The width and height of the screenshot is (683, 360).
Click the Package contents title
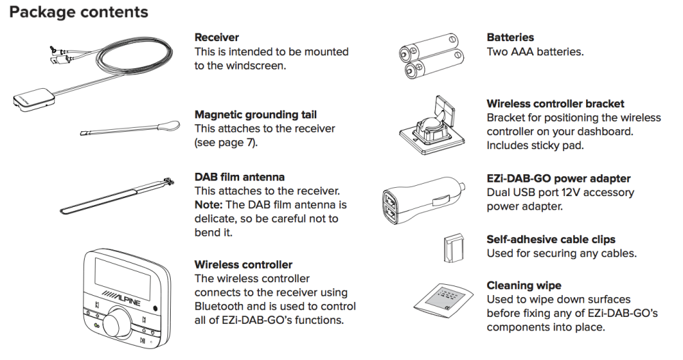[x=79, y=12]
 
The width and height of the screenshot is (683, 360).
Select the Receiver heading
[x=217, y=38]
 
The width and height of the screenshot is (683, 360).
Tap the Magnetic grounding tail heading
[x=255, y=115]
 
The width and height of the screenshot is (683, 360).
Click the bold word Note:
[x=208, y=205]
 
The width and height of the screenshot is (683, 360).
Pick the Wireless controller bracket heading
[x=555, y=104]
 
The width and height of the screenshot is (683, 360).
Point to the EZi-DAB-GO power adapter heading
[x=559, y=179]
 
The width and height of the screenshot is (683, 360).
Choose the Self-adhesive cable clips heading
[x=550, y=239]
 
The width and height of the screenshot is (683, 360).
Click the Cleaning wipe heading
[x=524, y=286]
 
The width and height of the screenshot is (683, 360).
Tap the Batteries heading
[x=510, y=38]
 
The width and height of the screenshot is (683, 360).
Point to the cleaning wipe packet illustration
[x=443, y=302]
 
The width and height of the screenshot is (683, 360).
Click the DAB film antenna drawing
[x=117, y=195]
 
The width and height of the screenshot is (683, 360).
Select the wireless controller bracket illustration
[x=432, y=125]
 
